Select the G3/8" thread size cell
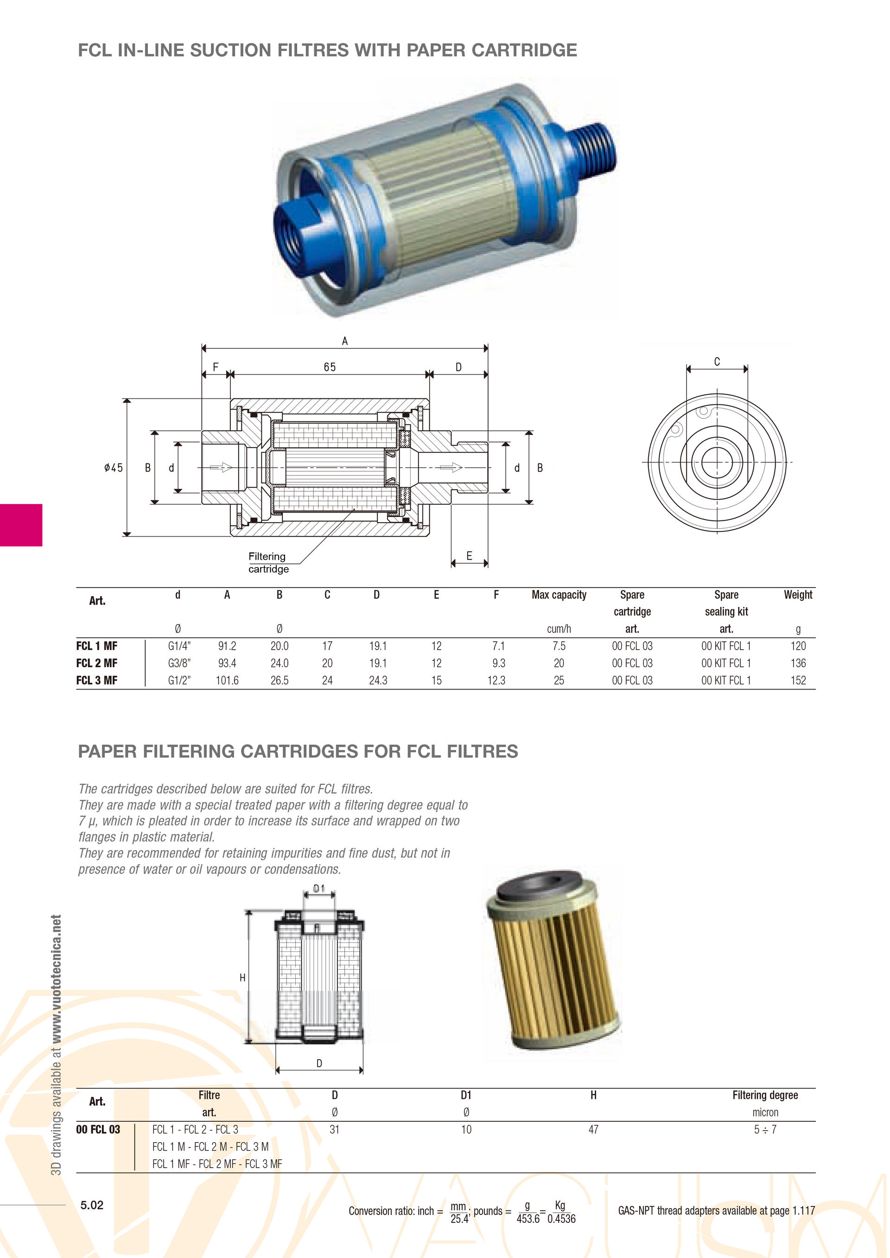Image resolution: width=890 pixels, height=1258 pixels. (179, 663)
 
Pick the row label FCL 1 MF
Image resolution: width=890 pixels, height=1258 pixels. (97, 646)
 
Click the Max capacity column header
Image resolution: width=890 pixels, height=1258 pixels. (559, 594)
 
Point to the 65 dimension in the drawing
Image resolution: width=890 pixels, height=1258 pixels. (330, 367)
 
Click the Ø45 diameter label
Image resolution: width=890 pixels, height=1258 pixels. (114, 468)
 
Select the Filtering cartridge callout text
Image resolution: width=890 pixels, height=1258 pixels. (268, 563)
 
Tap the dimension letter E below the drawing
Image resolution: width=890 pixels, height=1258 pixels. (469, 556)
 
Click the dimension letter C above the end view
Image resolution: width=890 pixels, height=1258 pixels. (717, 361)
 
